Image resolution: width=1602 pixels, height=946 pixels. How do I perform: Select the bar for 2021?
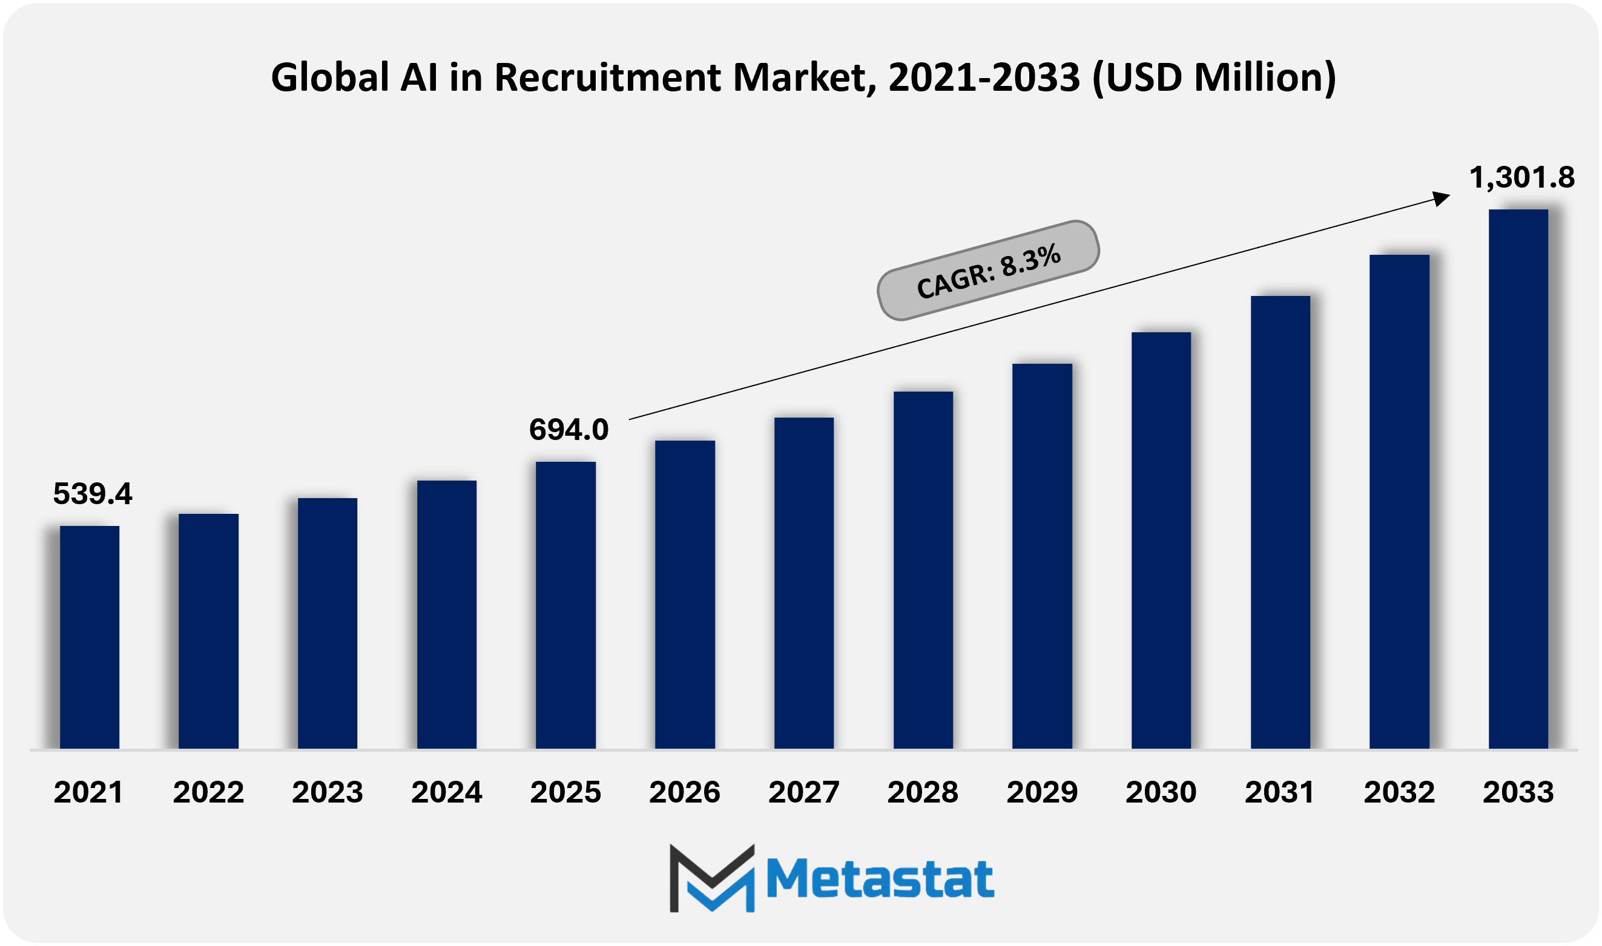(x=89, y=637)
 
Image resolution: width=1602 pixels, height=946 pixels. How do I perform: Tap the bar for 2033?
(x=1518, y=478)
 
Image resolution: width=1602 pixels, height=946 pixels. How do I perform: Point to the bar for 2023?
(x=327, y=623)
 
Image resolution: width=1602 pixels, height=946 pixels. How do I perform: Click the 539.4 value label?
(x=93, y=494)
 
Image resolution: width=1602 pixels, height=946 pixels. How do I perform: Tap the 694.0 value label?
(x=569, y=430)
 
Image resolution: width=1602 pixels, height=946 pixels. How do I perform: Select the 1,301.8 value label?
(x=1521, y=177)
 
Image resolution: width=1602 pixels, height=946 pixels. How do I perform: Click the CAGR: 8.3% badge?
(x=988, y=271)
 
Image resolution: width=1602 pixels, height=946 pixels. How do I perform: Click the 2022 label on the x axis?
(x=208, y=792)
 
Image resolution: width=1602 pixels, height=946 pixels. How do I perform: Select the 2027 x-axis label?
(x=804, y=792)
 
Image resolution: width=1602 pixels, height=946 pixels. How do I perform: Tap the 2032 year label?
(x=1399, y=792)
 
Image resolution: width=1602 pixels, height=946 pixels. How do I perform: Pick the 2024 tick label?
(x=446, y=792)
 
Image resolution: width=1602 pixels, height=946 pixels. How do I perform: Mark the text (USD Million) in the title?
(x=1214, y=77)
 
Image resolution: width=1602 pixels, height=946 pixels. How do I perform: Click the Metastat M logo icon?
(x=711, y=878)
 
